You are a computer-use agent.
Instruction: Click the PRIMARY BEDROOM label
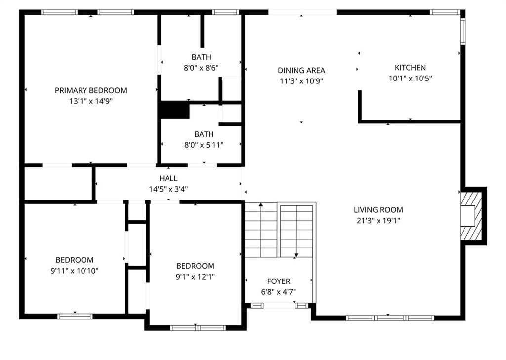(91, 91)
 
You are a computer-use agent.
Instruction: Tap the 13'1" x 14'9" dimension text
(91, 101)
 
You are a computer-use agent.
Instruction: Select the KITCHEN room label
(410, 68)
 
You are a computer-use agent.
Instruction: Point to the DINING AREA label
(301, 70)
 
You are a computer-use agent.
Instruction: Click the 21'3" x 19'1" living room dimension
(379, 221)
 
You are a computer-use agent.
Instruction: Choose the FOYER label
(279, 281)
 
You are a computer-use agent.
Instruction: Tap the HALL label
(168, 178)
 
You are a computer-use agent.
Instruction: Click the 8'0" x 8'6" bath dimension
(201, 68)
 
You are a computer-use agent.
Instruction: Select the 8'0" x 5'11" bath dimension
(204, 145)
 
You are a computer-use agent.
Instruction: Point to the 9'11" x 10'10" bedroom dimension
(75, 271)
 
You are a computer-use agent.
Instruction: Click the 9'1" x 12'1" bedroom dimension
(195, 277)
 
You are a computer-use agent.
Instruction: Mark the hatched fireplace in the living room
(471, 216)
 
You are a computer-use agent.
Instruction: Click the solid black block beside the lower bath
(174, 110)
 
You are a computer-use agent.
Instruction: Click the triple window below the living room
(390, 318)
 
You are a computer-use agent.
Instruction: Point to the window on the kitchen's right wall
(463, 31)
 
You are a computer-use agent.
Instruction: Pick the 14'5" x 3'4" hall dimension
(168, 189)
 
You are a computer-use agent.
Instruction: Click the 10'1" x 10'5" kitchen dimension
(410, 79)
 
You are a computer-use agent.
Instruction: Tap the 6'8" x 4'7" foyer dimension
(279, 292)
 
